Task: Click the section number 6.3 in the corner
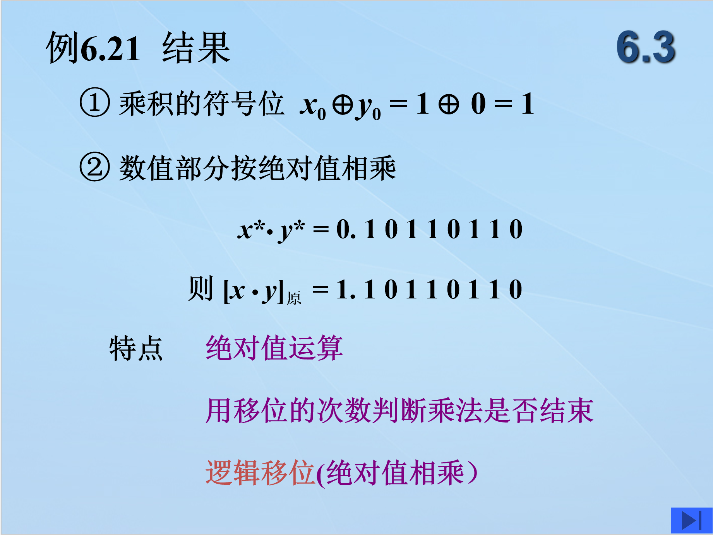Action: pyautogui.click(x=646, y=47)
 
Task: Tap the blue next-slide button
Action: pyautogui.click(x=691, y=520)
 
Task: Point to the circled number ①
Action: pyautogui.click(x=94, y=102)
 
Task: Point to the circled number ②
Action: pyautogui.click(x=94, y=167)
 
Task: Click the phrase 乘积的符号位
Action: pyautogui.click(x=202, y=103)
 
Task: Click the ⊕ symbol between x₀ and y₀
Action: pyautogui.click(x=343, y=104)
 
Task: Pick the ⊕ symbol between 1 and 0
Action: pyautogui.click(x=449, y=104)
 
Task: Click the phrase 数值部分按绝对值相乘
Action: pyautogui.click(x=257, y=168)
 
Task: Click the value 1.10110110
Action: pyautogui.click(x=429, y=289)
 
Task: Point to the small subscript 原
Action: pyautogui.click(x=294, y=298)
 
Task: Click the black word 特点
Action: pyautogui.click(x=136, y=348)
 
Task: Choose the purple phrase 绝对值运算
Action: pyautogui.click(x=274, y=348)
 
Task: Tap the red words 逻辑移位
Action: pyautogui.click(x=260, y=473)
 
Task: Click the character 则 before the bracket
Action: pyautogui.click(x=201, y=288)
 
